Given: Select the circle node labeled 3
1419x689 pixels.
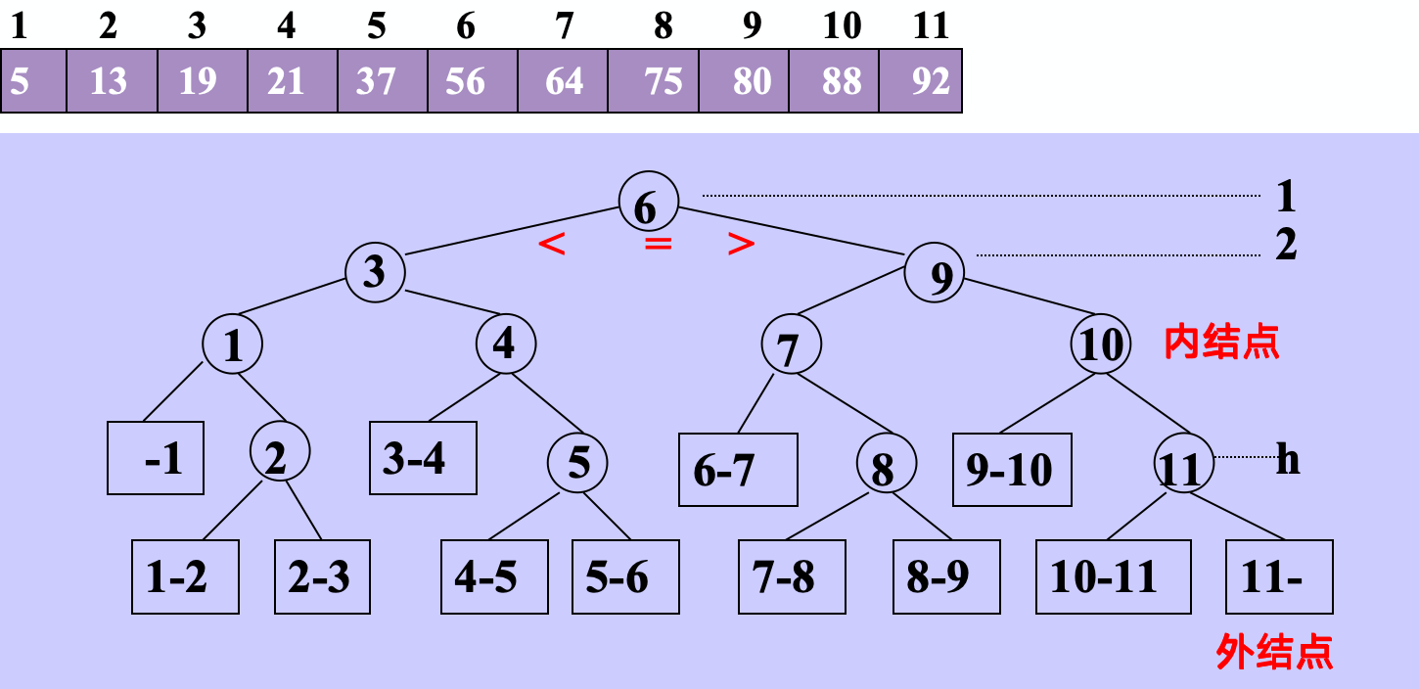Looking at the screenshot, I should (x=375, y=271).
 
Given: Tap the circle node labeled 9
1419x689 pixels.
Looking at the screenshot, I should (x=935, y=275).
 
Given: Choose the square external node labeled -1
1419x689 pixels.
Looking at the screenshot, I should (x=156, y=458).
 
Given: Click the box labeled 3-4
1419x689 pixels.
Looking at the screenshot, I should (x=423, y=458).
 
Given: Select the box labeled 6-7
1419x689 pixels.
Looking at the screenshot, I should (x=738, y=470).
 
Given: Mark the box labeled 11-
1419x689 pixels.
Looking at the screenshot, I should (x=1279, y=576).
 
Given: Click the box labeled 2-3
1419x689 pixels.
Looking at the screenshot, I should (x=322, y=577).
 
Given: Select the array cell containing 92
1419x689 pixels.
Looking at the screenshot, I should (x=921, y=81).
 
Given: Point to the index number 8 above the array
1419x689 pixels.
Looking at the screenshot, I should (x=664, y=26).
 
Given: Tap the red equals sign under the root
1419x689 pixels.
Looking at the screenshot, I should (x=658, y=244).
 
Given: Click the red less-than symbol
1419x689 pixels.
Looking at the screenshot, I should (x=552, y=245).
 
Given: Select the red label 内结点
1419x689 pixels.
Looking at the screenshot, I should (x=1221, y=343).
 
